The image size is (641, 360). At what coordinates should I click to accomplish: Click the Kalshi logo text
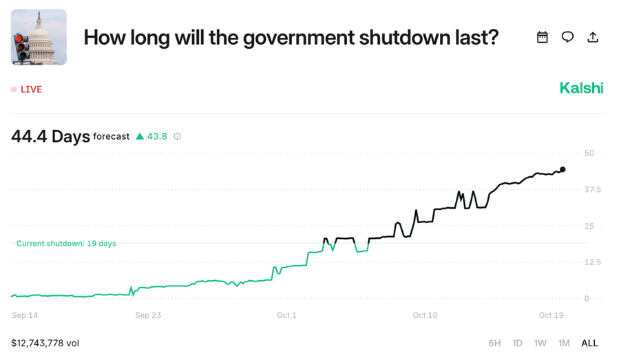click(x=581, y=88)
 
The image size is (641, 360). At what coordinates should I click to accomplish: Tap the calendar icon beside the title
click(x=543, y=37)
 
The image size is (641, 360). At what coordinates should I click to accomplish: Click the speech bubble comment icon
click(x=567, y=37)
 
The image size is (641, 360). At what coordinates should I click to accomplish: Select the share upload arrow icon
click(x=593, y=37)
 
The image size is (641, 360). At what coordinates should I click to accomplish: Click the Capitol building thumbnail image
click(x=39, y=37)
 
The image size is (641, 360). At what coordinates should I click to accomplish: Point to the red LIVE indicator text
click(x=31, y=89)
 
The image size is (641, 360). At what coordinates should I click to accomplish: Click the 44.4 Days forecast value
click(x=50, y=136)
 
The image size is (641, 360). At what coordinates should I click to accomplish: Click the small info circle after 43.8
click(x=177, y=136)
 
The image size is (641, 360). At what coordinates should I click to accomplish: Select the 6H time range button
click(x=494, y=343)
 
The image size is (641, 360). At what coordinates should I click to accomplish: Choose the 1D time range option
click(x=517, y=343)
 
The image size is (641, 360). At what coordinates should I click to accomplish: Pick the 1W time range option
click(x=540, y=343)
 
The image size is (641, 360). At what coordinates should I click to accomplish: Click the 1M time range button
click(x=564, y=343)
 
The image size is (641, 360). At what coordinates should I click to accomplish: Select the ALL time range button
click(x=589, y=343)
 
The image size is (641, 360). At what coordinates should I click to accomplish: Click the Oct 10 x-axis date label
click(x=425, y=315)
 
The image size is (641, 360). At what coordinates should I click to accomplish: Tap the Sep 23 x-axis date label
click(x=148, y=315)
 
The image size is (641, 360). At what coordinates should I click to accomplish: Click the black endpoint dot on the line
click(x=563, y=169)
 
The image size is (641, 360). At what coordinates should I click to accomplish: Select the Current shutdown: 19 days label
click(x=66, y=244)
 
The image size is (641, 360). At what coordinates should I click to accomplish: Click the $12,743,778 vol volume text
click(x=45, y=343)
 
